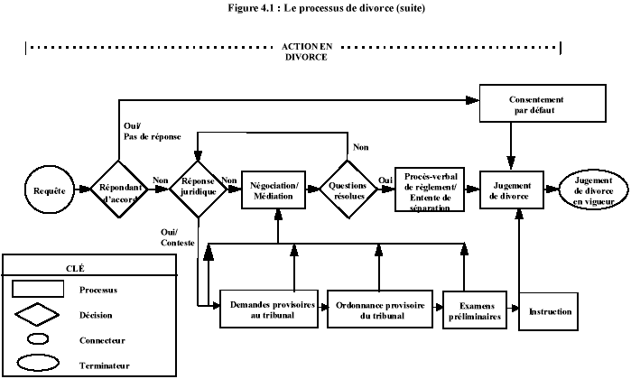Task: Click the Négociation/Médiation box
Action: (x=272, y=190)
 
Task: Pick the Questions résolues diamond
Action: (x=348, y=190)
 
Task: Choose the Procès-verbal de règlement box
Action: (x=430, y=190)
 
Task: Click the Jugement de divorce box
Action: (x=512, y=190)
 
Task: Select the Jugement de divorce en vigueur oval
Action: (x=592, y=190)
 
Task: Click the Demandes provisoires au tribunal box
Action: (x=272, y=309)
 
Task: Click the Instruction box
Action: (x=550, y=311)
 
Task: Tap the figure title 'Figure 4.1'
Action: (x=315, y=8)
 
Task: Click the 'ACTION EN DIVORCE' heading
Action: (x=303, y=50)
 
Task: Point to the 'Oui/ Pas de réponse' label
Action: (x=150, y=131)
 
